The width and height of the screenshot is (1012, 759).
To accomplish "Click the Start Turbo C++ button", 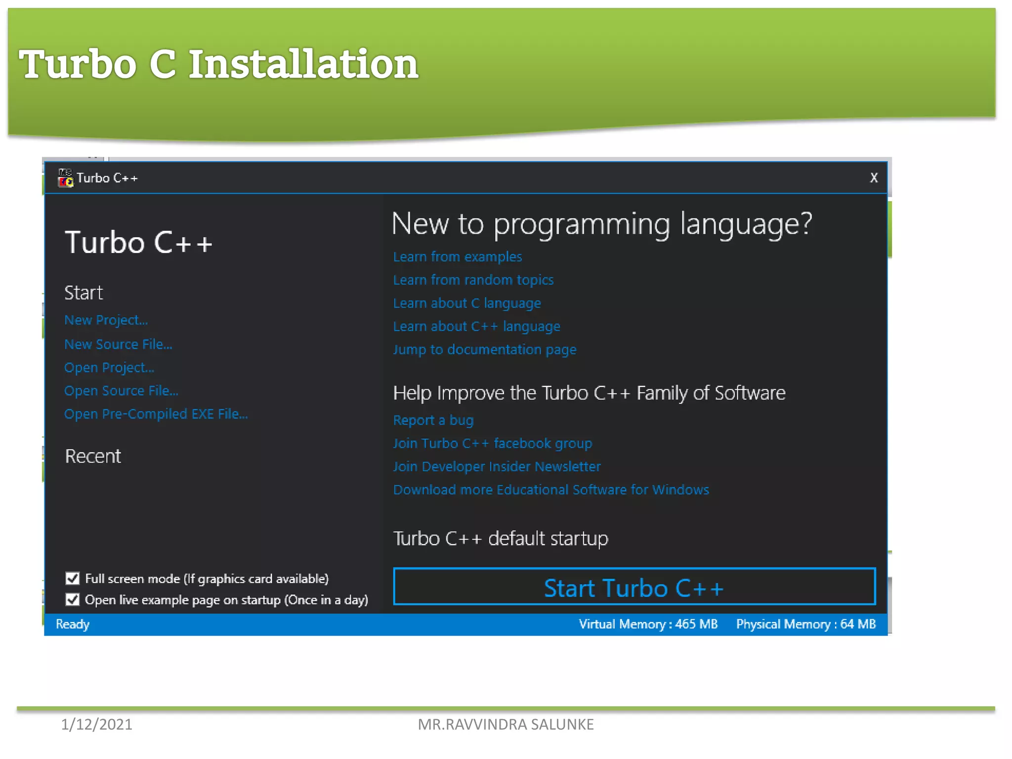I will [634, 587].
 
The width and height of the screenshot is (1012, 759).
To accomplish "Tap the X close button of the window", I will [874, 178].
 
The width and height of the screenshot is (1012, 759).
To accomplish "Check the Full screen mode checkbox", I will [73, 578].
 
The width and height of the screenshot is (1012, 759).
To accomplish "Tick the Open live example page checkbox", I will [73, 599].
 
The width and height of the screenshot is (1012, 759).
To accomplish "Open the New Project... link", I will [106, 320].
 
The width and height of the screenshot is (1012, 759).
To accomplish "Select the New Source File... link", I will [118, 344].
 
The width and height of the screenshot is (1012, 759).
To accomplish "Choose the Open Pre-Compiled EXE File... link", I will [156, 414].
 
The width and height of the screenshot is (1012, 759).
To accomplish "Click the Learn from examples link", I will [457, 257].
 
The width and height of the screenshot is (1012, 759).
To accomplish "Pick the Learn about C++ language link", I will [476, 327].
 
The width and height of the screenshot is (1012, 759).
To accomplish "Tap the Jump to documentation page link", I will [484, 350].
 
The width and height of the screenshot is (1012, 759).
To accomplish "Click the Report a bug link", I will [433, 420].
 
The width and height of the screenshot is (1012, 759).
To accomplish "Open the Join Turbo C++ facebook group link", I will [492, 443].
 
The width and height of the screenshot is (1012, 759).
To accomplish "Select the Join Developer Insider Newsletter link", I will [497, 466].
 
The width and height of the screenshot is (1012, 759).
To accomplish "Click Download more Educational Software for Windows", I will [550, 490].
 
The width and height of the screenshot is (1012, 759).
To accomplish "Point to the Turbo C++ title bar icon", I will [65, 178].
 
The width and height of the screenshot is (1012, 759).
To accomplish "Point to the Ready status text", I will [73, 624].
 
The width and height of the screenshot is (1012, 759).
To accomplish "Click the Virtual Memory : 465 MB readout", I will [648, 624].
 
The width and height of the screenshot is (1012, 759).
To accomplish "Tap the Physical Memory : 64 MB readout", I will [805, 624].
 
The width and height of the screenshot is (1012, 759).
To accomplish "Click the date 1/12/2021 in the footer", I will [96, 724].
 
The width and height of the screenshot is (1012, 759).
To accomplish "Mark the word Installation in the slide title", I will [303, 64].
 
